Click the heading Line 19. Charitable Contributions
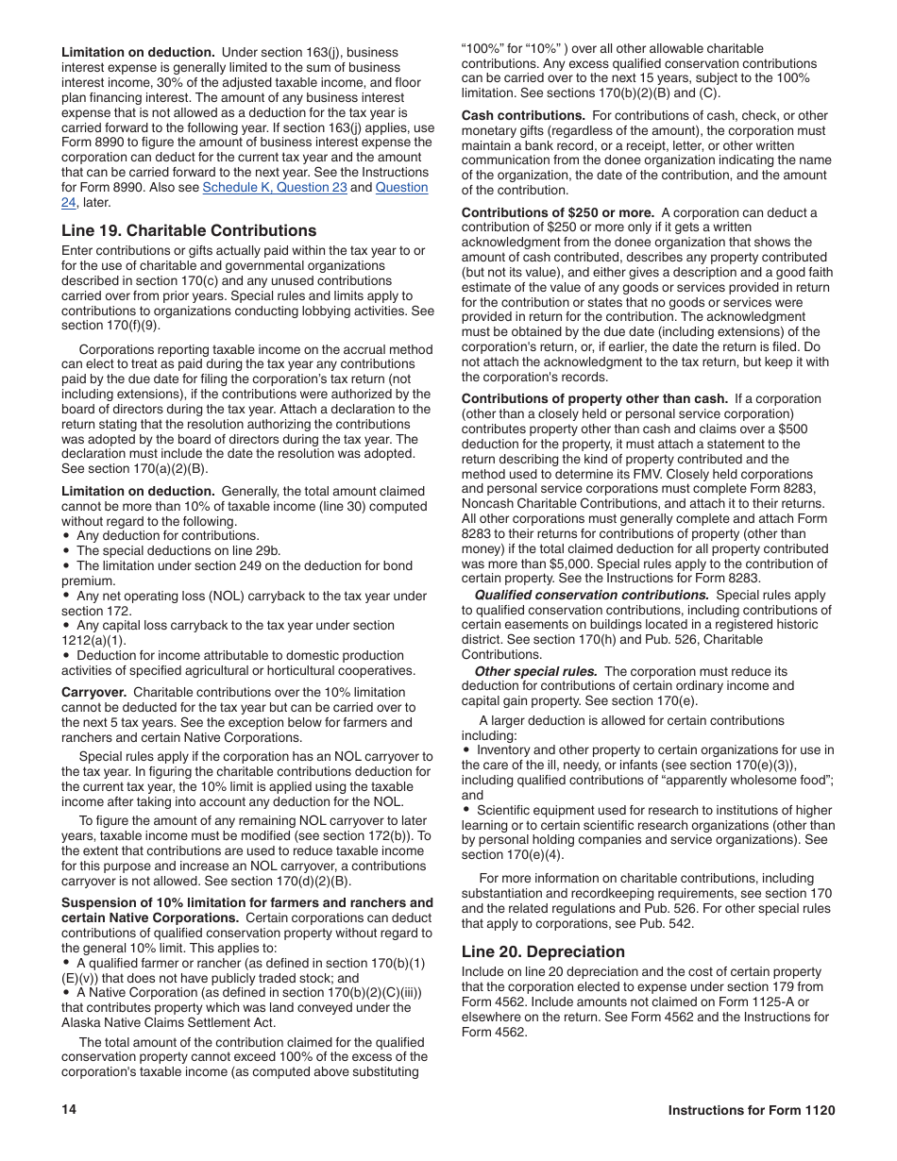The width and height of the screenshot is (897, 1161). (189, 230)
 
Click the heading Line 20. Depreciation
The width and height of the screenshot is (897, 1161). (543, 951)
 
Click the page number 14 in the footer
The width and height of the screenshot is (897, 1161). (69, 1110)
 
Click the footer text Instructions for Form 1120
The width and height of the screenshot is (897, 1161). (752, 1111)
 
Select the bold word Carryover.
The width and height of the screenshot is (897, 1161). (93, 693)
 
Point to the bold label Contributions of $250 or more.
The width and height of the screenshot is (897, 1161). (557, 212)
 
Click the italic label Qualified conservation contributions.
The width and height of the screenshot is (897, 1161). (591, 596)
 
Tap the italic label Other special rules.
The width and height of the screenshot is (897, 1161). (535, 671)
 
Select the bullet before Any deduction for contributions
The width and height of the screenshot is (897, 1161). (66, 536)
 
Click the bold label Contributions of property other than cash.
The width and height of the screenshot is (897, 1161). (594, 399)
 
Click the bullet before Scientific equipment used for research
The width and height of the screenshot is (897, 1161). (466, 810)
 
